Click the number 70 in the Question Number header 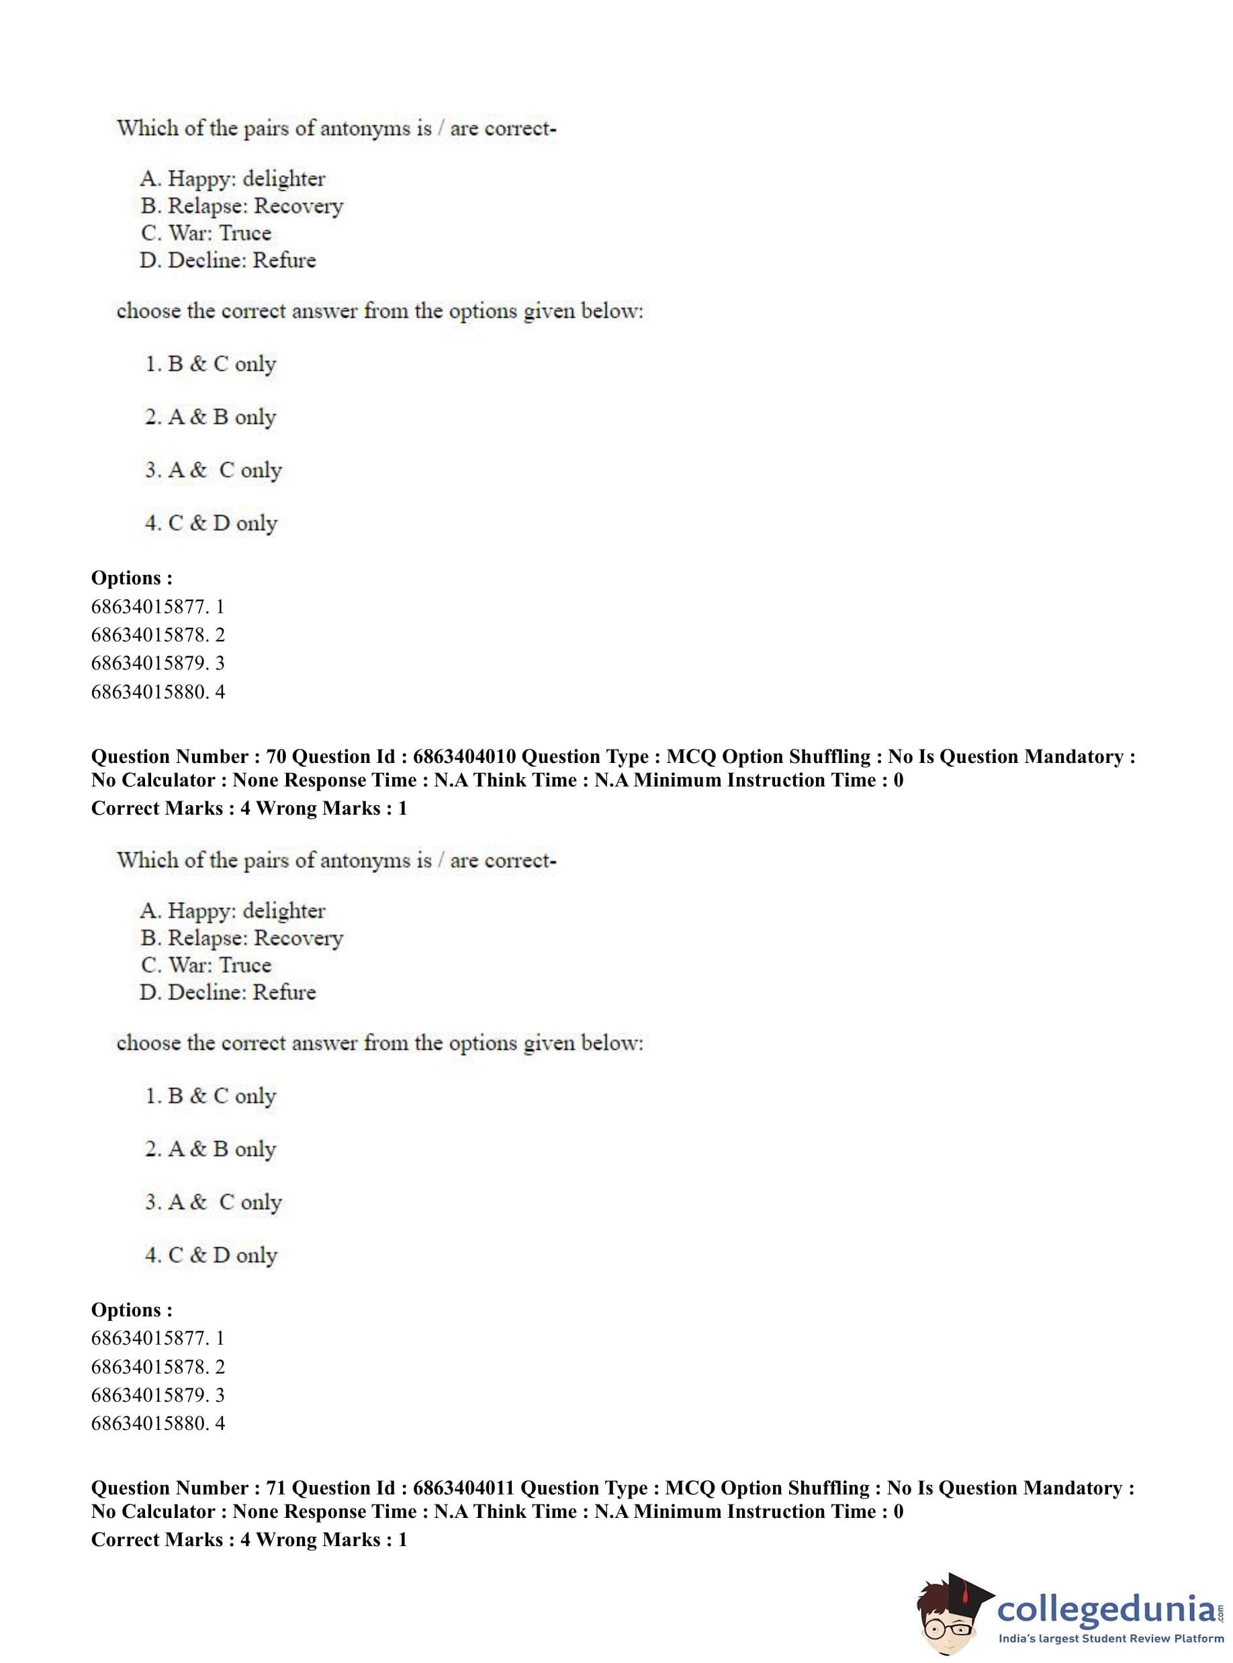(275, 757)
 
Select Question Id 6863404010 (463, 757)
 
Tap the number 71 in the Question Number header (275, 1488)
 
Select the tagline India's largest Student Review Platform (1111, 1638)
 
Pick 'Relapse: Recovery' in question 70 (242, 938)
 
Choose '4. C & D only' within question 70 (212, 1255)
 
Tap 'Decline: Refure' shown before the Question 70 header (228, 261)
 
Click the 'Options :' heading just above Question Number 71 (132, 1310)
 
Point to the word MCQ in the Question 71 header (690, 1488)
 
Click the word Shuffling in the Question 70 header (829, 757)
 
